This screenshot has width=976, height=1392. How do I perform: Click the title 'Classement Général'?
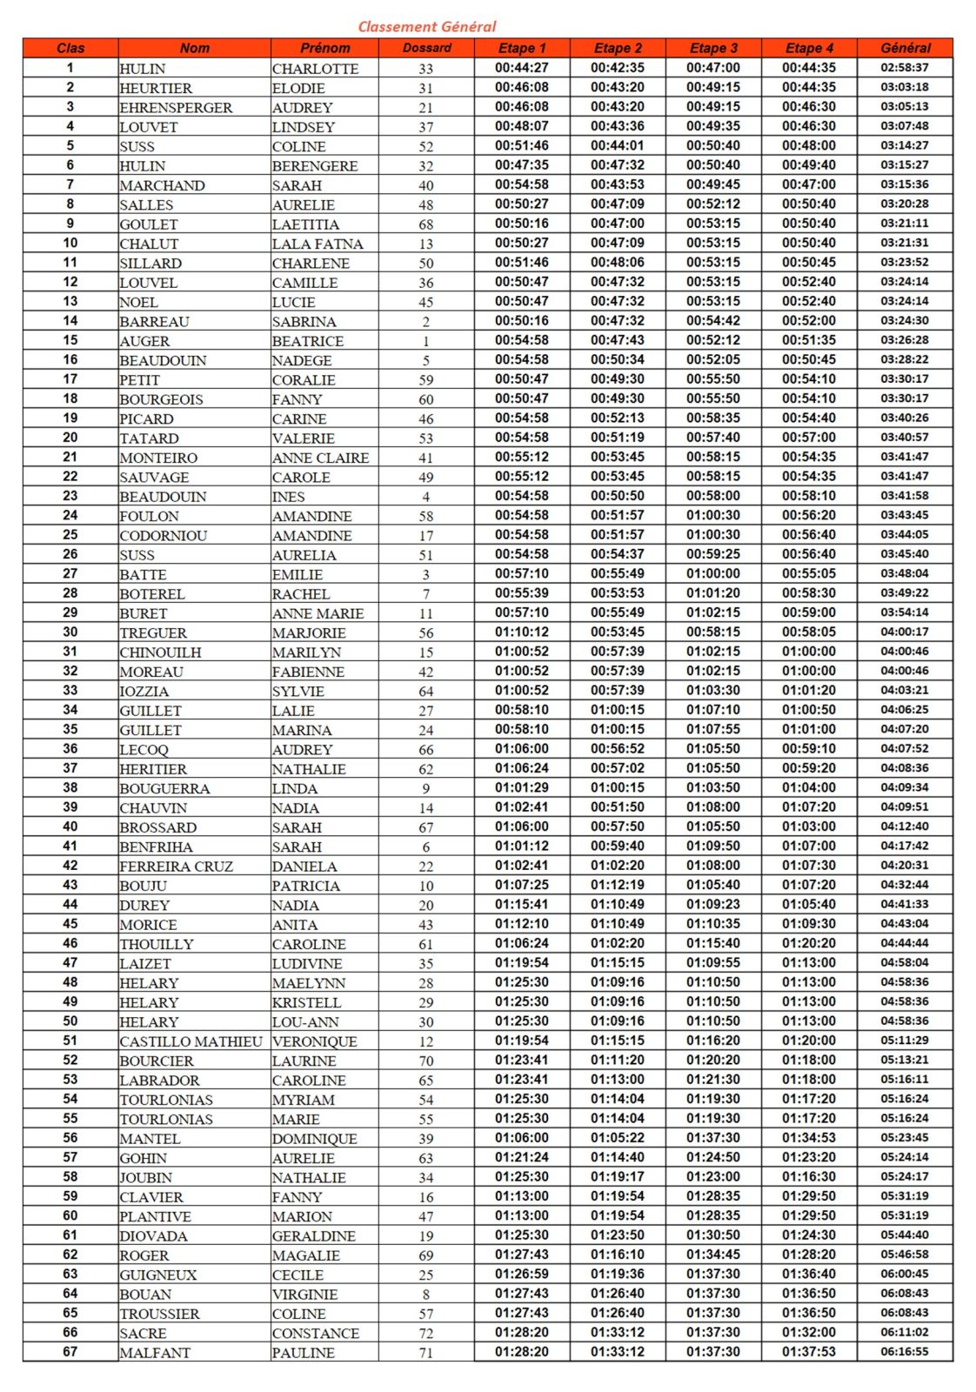pos(427,26)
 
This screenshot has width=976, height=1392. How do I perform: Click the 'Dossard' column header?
pos(426,48)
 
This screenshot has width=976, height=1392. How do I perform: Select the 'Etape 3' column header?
pos(713,48)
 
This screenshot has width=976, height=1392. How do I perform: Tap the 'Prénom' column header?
pos(324,48)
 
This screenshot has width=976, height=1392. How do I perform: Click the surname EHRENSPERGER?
pos(176,108)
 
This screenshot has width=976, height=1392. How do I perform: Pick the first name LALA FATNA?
pos(318,244)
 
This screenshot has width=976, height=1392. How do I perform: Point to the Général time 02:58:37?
pos(904,68)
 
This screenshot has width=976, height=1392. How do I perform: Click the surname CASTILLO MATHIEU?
pos(191,1041)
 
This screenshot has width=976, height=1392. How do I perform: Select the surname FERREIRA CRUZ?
pos(176,867)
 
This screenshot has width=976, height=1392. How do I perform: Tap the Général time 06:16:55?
pos(904,1352)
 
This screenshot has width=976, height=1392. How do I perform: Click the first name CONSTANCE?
pos(315,1333)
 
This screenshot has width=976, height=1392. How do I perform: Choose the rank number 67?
pos(70,1352)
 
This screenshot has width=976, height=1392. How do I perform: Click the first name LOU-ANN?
pos(305,1022)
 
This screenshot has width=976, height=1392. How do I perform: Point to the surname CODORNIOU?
pos(164,536)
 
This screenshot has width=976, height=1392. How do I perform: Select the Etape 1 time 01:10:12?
pos(522,632)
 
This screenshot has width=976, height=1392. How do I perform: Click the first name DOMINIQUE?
pos(314,1139)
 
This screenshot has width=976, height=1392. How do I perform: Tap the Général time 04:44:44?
pos(904,944)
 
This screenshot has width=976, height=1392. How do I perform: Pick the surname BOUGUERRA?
pos(164,788)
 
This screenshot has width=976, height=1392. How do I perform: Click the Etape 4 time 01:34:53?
pos(808,1138)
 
